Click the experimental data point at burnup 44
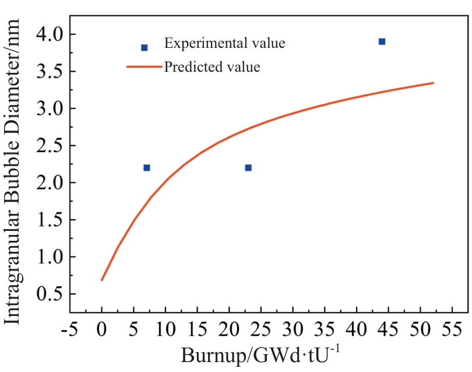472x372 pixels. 382,41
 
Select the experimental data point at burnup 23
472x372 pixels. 248,168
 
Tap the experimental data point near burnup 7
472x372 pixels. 147,168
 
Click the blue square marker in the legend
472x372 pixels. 145,48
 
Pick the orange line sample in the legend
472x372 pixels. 143,67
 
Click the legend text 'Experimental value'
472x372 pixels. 224,43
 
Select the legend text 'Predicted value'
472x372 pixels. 212,67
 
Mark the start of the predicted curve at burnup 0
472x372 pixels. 103,280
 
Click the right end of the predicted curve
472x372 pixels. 433,83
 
